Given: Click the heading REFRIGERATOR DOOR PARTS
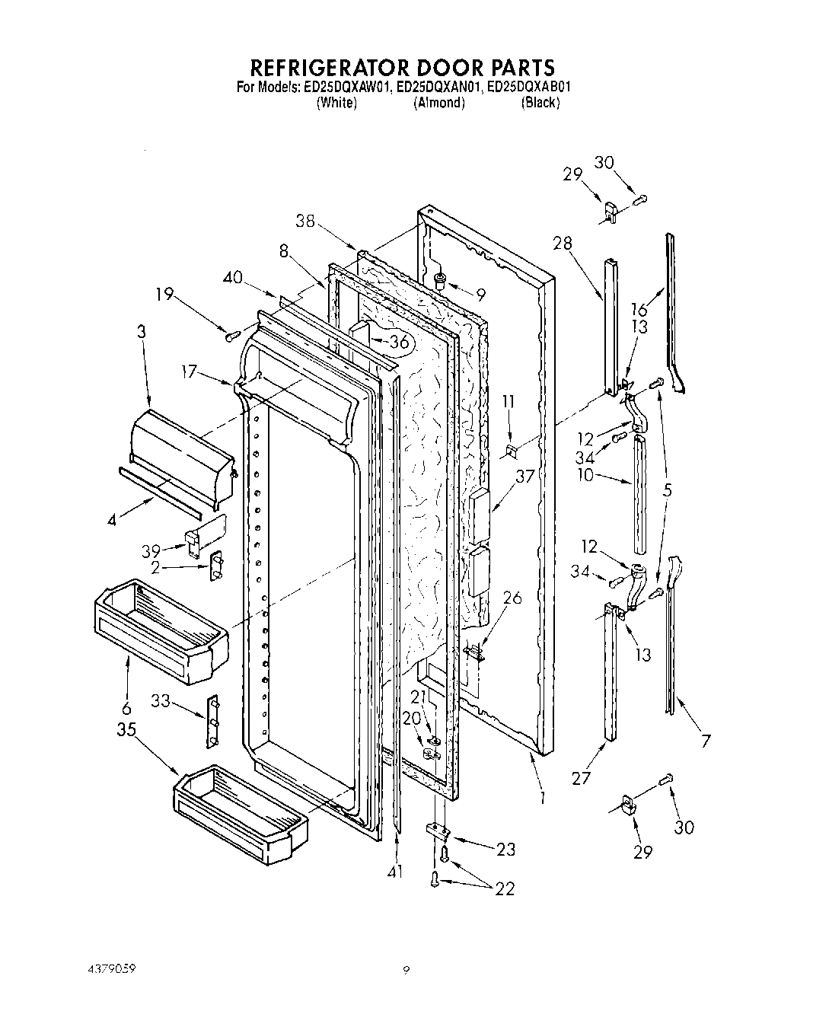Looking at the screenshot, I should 403,69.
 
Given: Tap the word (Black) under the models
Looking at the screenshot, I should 540,103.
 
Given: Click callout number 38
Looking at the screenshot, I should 305,221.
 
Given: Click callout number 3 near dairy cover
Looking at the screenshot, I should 142,333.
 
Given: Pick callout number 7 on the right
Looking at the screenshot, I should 706,739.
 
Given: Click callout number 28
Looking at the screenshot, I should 563,243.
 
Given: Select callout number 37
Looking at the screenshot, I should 524,477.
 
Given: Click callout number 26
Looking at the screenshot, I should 513,598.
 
